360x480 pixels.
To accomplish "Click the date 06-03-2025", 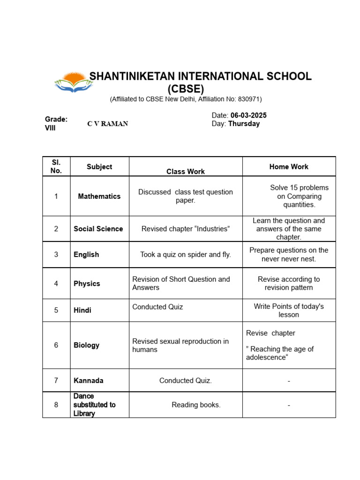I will pos(248,115).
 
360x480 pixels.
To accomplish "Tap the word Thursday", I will pos(244,124).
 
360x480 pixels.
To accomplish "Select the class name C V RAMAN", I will pos(108,124).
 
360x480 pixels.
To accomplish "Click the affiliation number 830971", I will pos(249,99).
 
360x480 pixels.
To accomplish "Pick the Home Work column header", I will pos(289,166).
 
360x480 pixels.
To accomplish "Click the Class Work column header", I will pos(186,172).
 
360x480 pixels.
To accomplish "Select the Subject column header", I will pos(99,166).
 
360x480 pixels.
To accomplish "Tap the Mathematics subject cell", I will pos(99,196).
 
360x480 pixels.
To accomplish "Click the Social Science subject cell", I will pos(98,229).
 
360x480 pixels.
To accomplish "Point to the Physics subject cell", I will pos(87,284).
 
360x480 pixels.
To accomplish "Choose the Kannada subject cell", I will pos(89,380).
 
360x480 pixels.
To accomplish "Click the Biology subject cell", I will pos(87,345).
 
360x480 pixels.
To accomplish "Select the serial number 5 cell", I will pos(56,310).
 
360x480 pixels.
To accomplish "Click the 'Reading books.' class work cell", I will pos(196,405).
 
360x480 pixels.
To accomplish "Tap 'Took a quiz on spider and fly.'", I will pos(186,255).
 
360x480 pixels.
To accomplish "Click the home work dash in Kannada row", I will pos(289,381).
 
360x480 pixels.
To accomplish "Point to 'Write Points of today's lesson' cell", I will pos(289,310).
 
